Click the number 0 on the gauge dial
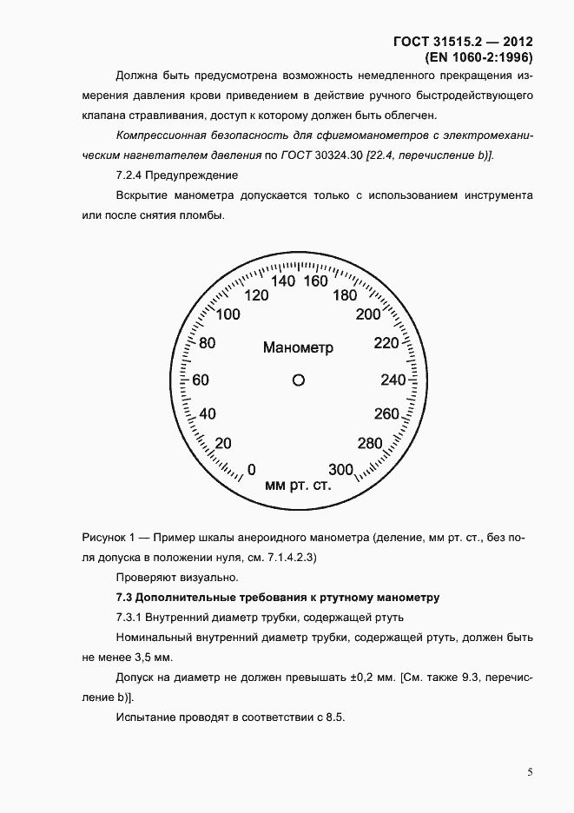tap(252, 470)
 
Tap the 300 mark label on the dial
tap(341, 470)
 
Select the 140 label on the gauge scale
tap(284, 281)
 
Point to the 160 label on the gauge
tap(315, 281)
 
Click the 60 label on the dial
tap(201, 380)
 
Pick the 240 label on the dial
tap(393, 380)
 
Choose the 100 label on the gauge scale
tap(228, 314)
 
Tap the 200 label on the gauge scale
tap(369, 314)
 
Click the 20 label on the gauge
tap(223, 444)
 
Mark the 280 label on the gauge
tap(370, 444)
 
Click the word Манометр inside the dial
tap(298, 347)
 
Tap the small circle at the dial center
tap(298, 380)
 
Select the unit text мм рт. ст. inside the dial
tap(298, 485)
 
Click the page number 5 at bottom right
tap(530, 771)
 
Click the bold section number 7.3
tap(125, 598)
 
